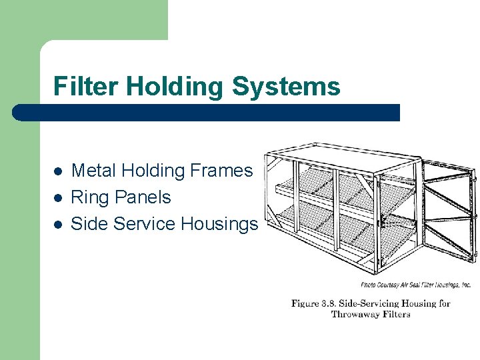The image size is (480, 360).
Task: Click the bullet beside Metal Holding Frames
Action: click(58, 171)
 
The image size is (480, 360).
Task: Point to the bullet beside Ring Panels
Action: click(58, 198)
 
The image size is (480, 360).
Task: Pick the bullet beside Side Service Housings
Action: click(58, 225)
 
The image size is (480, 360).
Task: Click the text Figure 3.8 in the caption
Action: click(313, 303)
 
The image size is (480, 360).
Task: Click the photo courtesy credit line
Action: click(415, 285)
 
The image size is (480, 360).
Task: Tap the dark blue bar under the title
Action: click(207, 112)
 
